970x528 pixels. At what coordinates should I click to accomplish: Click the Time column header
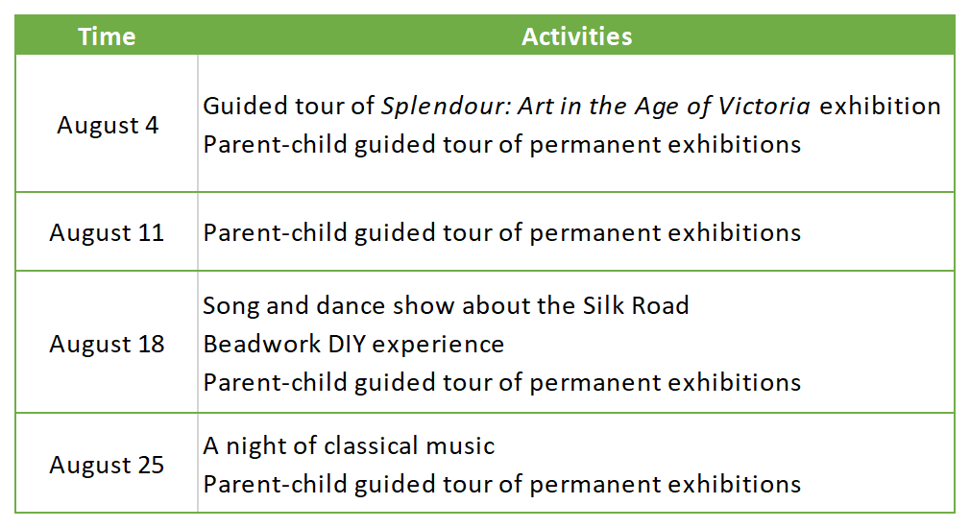click(107, 36)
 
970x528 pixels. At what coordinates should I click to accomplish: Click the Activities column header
click(576, 36)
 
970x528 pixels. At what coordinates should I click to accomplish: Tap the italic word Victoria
click(764, 107)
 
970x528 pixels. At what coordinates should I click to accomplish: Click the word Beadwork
click(261, 345)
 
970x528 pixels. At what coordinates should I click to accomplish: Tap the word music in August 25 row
click(462, 445)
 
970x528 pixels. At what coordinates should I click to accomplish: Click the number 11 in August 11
click(151, 233)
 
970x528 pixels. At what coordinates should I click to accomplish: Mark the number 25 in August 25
click(151, 465)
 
